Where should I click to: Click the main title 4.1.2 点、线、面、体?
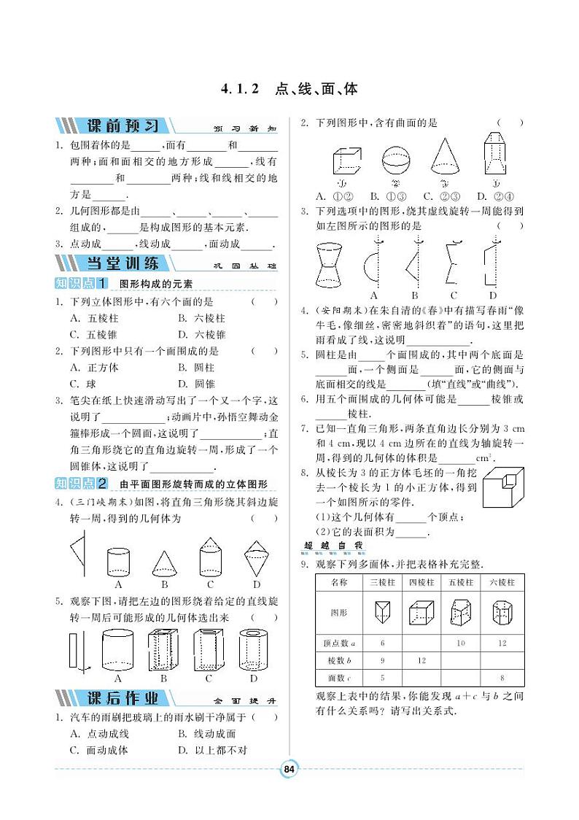coord(289,90)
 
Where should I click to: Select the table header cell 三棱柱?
coord(382,582)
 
